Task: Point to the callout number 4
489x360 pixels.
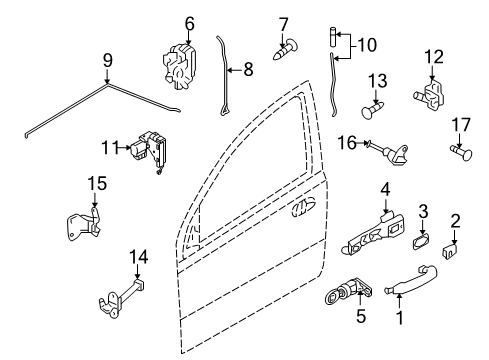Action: [x=384, y=188]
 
